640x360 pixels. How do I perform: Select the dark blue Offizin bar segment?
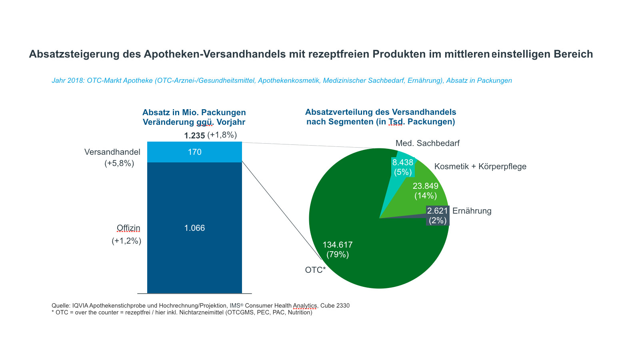(194, 260)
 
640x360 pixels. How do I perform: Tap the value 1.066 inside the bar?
(194, 228)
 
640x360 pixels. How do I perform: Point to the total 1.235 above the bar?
(194, 136)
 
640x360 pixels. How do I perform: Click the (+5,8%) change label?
(119, 163)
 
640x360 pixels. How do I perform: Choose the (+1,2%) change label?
(126, 241)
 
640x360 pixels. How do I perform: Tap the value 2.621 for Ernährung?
(437, 211)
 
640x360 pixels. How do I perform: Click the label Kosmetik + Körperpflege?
(480, 166)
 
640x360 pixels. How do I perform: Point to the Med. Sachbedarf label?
(427, 143)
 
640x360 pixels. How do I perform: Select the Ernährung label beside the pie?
(472, 211)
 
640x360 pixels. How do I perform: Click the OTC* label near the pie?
(315, 270)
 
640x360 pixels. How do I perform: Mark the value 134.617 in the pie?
(338, 245)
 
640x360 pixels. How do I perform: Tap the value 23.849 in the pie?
(425, 186)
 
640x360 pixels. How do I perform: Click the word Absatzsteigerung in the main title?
(74, 54)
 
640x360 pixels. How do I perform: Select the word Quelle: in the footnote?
(61, 306)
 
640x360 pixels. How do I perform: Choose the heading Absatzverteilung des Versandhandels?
(380, 112)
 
